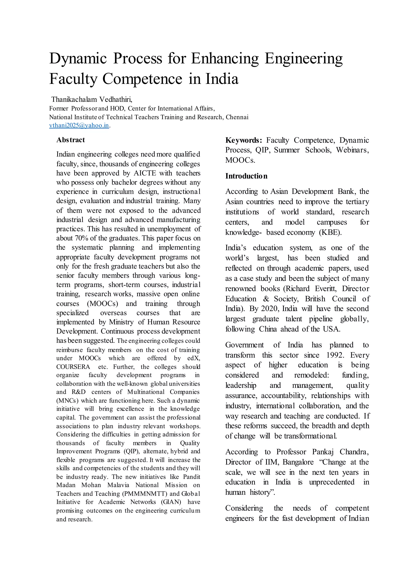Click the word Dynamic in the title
tap(78, 58)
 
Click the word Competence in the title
tap(142, 79)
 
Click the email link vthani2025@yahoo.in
tap(79, 125)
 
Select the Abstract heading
tap(71, 140)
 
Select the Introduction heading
tap(246, 176)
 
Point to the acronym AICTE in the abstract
tap(145, 173)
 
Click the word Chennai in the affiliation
tap(237, 117)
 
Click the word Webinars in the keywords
tap(352, 150)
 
